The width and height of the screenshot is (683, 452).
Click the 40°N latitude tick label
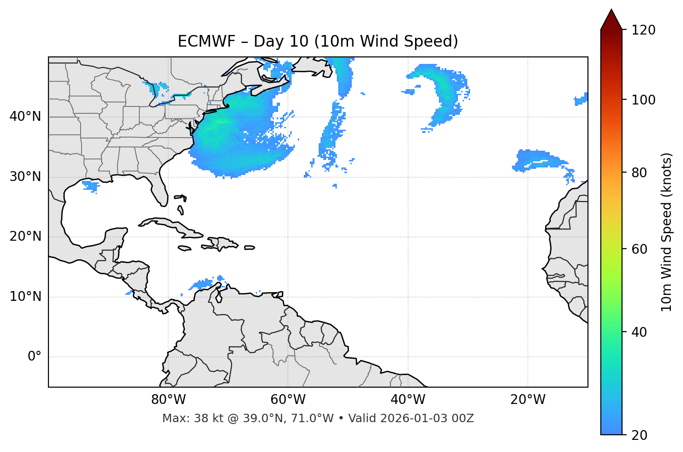click(x=25, y=117)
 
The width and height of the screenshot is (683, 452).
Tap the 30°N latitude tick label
click(x=25, y=177)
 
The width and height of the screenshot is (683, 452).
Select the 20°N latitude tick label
click(x=25, y=236)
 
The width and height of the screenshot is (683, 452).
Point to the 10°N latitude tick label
click(x=25, y=297)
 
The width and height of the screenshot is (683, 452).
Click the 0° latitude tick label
click(x=34, y=357)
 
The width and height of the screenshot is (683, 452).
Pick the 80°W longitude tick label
click(x=168, y=400)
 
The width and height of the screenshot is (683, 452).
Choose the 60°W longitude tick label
click(x=288, y=400)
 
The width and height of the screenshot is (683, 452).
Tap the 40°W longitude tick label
click(x=408, y=400)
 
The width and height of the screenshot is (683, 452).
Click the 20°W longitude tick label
click(x=528, y=400)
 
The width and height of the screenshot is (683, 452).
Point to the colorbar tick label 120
click(x=643, y=30)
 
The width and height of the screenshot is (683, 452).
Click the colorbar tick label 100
click(x=643, y=100)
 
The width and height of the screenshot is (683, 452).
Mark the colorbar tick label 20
click(x=640, y=435)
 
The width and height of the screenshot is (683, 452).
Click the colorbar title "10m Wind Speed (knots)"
click(x=667, y=232)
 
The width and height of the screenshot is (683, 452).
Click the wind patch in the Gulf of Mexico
click(x=91, y=186)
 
